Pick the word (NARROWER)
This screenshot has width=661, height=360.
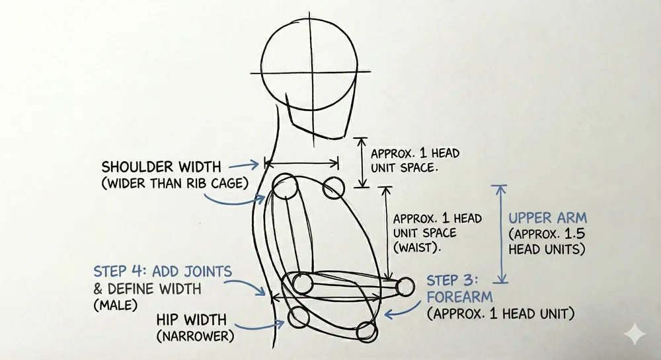(x=186, y=337)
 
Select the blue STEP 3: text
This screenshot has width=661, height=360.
(x=455, y=279)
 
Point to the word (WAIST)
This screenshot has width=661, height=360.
(x=417, y=248)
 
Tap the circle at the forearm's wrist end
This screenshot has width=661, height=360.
(x=405, y=285)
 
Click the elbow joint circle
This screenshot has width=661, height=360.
(x=302, y=284)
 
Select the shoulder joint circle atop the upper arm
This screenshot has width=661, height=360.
(x=286, y=188)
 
